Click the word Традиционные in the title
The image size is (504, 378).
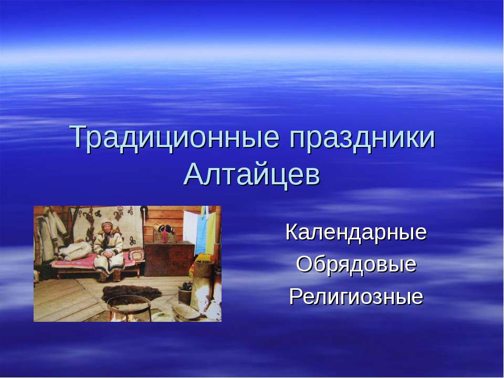[x=174, y=138]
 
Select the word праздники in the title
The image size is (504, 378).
[x=362, y=139]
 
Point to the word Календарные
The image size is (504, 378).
[x=356, y=232]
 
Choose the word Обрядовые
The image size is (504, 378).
[x=356, y=264]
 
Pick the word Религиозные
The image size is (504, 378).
[x=356, y=296]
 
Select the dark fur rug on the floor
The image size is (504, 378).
[x=131, y=293]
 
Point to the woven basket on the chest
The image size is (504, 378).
[x=164, y=237]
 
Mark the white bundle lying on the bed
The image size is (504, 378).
[x=76, y=251]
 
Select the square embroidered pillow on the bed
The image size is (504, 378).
[x=136, y=254]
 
